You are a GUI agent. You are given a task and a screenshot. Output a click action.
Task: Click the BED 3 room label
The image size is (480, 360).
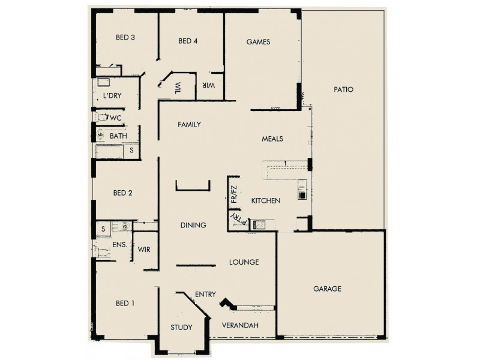click(125, 37)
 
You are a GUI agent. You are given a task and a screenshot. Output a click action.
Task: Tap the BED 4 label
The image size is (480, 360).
click(188, 41)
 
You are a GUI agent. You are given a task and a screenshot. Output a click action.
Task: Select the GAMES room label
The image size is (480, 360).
click(259, 42)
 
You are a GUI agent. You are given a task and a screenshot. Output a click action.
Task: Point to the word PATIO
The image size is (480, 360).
click(344, 89)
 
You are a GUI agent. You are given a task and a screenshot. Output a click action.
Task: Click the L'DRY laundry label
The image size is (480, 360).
click(112, 96)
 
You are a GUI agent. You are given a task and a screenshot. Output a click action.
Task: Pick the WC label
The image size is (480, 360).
click(116, 118)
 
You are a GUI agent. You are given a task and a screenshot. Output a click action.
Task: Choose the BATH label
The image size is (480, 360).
click(118, 136)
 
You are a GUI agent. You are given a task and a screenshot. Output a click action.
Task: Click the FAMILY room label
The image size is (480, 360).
click(188, 125)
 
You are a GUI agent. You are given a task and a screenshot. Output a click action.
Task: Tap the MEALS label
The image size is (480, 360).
click(272, 139)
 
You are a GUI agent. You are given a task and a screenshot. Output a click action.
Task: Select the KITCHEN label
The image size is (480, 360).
click(265, 200)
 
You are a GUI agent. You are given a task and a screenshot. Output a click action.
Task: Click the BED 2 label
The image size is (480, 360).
click(122, 193)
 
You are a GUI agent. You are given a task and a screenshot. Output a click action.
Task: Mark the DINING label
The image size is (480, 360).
click(193, 225)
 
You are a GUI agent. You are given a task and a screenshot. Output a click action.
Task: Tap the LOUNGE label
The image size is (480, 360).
click(244, 262)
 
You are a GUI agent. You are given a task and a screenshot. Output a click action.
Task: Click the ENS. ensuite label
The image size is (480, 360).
click(119, 245)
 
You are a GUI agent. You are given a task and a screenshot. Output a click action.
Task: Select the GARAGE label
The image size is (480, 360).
click(327, 289)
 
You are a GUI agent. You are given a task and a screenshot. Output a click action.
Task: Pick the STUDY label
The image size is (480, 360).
click(181, 328)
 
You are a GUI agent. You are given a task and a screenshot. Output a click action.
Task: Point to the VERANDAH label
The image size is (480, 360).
click(240, 325)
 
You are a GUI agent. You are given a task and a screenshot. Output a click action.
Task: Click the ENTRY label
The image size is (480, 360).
click(205, 294)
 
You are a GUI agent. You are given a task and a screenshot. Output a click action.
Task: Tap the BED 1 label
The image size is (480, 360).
click(125, 303)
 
